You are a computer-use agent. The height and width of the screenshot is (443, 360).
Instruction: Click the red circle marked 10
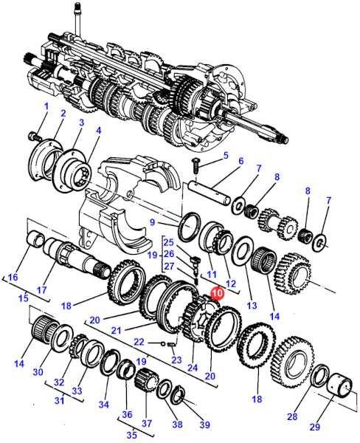click(x=218, y=293)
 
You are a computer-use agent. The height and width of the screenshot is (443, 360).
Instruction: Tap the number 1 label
click(x=46, y=106)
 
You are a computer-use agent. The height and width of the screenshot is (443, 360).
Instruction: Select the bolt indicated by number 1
click(x=35, y=137)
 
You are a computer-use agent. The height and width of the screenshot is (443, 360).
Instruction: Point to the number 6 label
click(x=240, y=161)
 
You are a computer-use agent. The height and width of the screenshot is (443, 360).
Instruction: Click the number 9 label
click(x=153, y=222)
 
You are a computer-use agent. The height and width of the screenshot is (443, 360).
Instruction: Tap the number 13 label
click(x=252, y=305)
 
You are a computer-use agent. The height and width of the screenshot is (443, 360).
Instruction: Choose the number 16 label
click(x=13, y=277)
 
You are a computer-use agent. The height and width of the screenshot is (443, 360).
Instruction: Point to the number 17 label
click(x=41, y=290)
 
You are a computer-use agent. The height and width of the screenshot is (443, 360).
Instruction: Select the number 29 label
click(x=314, y=427)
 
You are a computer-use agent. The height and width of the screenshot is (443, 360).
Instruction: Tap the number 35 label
click(x=132, y=435)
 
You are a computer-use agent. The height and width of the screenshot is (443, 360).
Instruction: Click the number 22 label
click(x=139, y=342)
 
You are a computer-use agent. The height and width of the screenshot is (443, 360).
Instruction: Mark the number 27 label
click(x=169, y=266)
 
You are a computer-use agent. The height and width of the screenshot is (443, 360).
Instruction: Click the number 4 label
click(x=98, y=131)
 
